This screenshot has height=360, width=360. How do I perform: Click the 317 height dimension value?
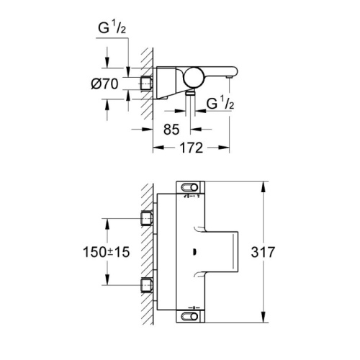(x=263, y=252)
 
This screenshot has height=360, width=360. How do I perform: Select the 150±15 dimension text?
(x=106, y=252)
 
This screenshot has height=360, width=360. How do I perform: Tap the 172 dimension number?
(x=192, y=148)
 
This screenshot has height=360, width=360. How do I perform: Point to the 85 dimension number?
(x=171, y=130)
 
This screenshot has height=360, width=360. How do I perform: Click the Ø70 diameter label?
(x=105, y=84)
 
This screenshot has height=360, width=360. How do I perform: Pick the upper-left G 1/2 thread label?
(x=112, y=28)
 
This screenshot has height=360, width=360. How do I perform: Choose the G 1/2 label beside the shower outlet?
(x=220, y=104)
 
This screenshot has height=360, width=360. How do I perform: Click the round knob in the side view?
(x=194, y=77)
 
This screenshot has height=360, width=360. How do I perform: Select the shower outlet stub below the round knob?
(x=191, y=93)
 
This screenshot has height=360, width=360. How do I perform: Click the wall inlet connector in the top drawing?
(x=146, y=83)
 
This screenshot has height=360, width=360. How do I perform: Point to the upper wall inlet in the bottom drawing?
(x=146, y=218)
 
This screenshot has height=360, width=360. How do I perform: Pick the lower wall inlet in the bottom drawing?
(x=146, y=285)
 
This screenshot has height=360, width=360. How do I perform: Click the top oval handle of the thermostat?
(x=190, y=187)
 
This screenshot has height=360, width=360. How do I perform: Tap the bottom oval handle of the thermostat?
(x=190, y=316)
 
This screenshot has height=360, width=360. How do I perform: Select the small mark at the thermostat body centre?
(x=194, y=252)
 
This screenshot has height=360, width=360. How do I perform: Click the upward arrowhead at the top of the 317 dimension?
(x=263, y=186)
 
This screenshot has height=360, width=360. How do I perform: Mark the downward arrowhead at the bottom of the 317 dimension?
(x=263, y=318)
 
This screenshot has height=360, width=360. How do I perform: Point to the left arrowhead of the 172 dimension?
(x=158, y=148)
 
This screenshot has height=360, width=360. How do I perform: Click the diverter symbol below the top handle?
(x=192, y=196)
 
